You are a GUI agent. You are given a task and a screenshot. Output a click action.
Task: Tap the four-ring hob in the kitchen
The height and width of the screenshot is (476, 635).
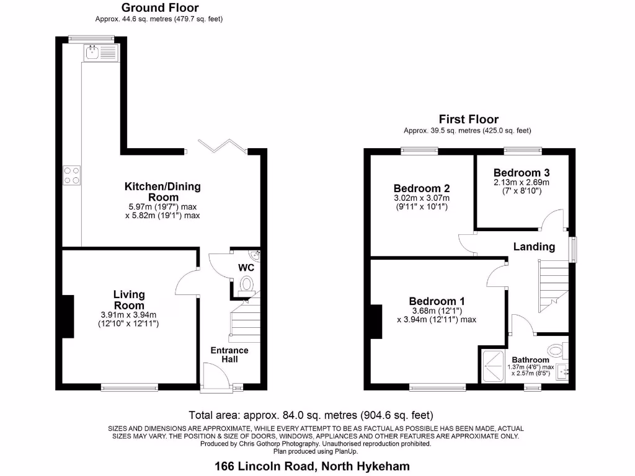71,175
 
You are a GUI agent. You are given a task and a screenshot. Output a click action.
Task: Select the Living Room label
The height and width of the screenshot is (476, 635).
129,300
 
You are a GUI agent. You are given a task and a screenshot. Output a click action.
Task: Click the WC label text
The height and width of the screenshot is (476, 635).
247,268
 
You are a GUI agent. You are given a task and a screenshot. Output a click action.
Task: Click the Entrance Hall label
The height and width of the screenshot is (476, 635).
229,355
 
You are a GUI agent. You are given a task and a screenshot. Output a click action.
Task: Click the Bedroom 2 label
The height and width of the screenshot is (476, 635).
421,188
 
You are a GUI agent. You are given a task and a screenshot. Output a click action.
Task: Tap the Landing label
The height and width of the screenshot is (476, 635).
534,247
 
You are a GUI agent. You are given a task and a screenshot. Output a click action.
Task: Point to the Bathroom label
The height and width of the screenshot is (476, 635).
530,360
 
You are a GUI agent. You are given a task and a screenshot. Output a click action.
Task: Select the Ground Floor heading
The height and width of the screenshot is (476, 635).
160,8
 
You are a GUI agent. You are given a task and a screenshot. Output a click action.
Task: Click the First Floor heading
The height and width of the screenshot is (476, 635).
468,119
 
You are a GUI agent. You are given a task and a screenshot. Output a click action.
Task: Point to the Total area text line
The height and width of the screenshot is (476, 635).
310,415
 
